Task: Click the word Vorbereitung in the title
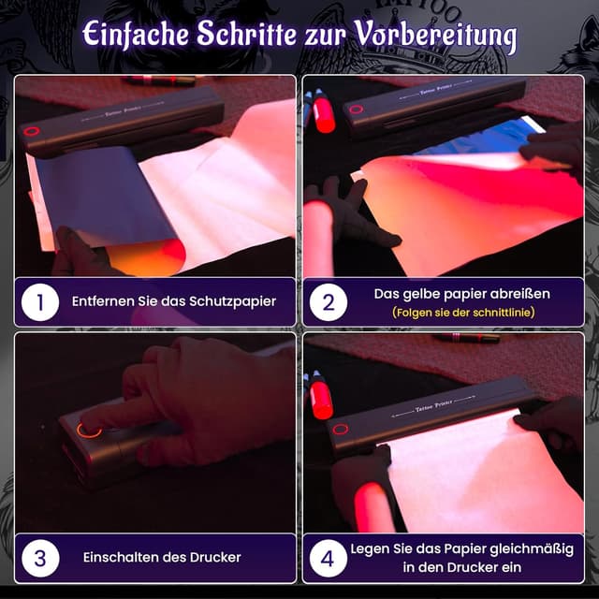[435, 36]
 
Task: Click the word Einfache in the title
[136, 35]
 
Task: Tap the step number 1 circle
[40, 302]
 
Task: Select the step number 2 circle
[329, 302]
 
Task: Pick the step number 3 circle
[40, 558]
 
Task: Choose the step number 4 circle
[329, 558]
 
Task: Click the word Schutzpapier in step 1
[232, 301]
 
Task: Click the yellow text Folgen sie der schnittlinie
[463, 313]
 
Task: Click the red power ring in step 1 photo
[31, 132]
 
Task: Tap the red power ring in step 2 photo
[356, 110]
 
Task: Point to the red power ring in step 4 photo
[341, 429]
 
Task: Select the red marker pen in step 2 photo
[324, 112]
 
